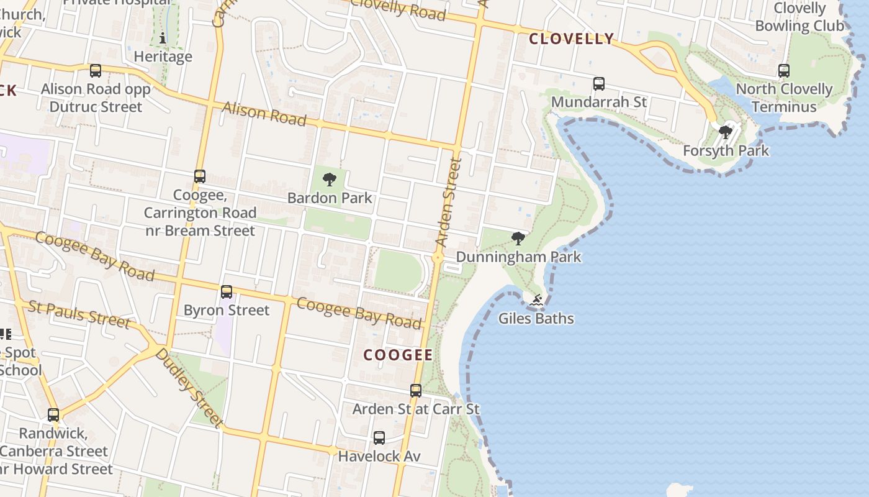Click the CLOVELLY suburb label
(571, 39)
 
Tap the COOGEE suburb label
(398, 355)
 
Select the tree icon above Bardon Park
(330, 180)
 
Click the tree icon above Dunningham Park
(518, 239)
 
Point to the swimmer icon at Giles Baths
(536, 301)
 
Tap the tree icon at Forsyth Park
(725, 132)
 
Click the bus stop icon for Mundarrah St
(599, 84)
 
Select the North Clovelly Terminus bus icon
(784, 71)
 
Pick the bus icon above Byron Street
(227, 292)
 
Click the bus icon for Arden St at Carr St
(416, 391)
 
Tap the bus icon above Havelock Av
(379, 438)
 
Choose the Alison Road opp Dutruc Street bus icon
(96, 71)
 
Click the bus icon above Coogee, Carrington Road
(200, 176)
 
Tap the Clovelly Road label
(398, 9)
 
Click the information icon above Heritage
(163, 38)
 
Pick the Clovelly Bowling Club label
(799, 17)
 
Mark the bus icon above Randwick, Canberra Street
(54, 414)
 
